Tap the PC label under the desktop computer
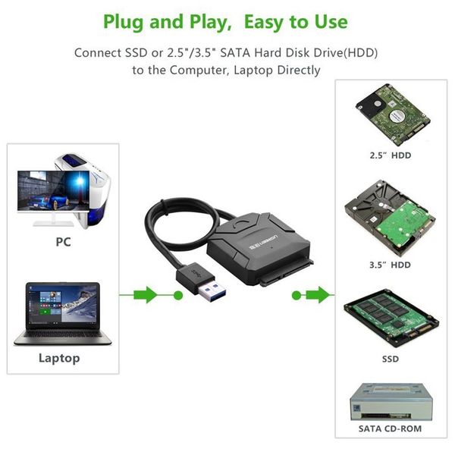(63, 243)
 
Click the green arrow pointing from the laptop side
(145, 294)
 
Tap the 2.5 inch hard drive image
(390, 113)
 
